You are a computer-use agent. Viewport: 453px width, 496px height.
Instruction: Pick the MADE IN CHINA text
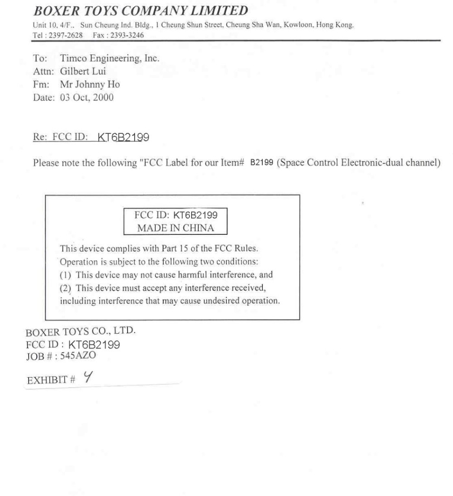tap(175, 228)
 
